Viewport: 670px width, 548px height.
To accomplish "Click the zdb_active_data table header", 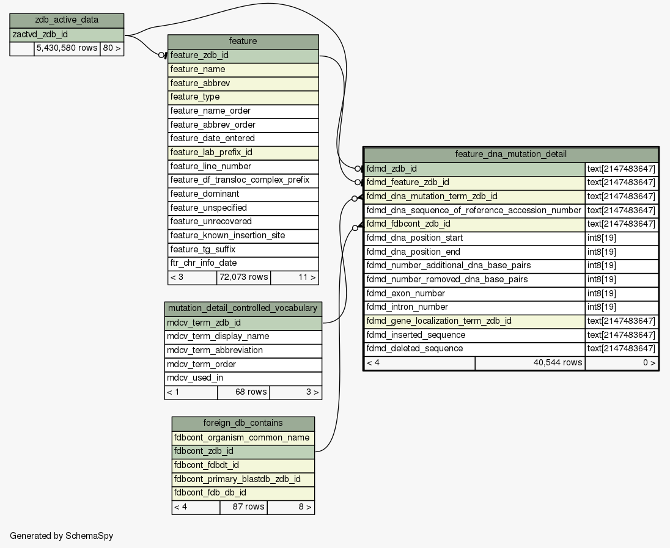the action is [x=67, y=20].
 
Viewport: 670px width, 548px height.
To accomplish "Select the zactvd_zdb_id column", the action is [x=67, y=35].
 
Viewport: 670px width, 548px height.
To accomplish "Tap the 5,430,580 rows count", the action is [x=67, y=48].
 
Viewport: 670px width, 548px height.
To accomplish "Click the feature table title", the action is [x=243, y=42].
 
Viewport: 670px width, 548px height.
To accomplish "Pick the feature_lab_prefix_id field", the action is [x=243, y=153].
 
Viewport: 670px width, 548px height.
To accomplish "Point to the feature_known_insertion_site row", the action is [x=243, y=235].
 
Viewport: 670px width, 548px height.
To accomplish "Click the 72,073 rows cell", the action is [x=243, y=277].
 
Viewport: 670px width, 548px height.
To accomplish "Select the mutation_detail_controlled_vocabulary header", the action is [x=243, y=309].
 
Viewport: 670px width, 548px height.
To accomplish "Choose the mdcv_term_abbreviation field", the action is [x=243, y=350].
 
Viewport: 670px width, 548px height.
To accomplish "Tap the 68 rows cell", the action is [x=243, y=392].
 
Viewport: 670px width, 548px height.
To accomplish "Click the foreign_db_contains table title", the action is [x=243, y=423].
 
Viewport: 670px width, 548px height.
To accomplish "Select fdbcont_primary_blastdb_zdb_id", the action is [x=243, y=479].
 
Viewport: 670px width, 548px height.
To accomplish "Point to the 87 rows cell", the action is [x=243, y=507].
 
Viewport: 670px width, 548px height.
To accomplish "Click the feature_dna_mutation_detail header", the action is [x=511, y=154].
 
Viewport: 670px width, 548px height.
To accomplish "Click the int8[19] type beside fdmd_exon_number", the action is [x=621, y=293].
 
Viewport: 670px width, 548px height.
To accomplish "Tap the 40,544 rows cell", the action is [x=530, y=363].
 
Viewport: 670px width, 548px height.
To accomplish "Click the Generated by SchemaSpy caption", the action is [x=62, y=536].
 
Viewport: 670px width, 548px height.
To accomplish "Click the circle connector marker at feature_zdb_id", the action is [x=161, y=55].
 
